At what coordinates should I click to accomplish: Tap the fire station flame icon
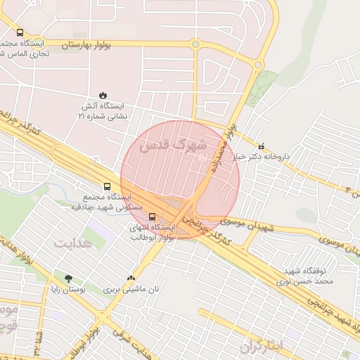[x=104, y=94]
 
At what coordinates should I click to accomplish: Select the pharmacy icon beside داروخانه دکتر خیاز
[x=262, y=148]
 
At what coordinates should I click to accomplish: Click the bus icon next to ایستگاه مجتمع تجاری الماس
[x=20, y=33]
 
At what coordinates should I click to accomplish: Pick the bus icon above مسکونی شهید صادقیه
[x=107, y=187]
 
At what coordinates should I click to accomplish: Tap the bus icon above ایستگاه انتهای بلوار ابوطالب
[x=153, y=217]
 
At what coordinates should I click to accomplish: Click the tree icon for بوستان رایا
[x=69, y=278]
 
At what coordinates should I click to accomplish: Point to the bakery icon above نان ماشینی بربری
[x=131, y=278]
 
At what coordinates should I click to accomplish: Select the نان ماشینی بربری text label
[x=133, y=289]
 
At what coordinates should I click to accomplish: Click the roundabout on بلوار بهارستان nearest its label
[x=195, y=44]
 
